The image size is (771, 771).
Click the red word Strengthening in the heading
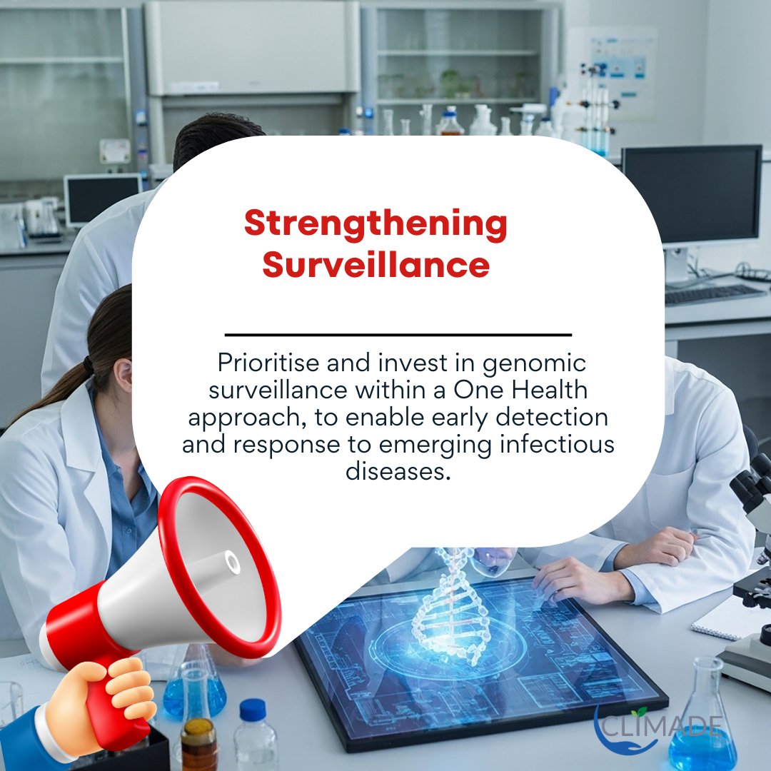point(376,225)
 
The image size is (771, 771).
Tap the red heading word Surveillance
point(376,265)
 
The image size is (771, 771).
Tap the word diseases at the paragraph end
point(398,472)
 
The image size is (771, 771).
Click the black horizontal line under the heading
point(398,334)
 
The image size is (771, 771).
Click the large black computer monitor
point(691,196)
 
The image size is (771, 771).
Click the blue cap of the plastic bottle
point(253,710)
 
